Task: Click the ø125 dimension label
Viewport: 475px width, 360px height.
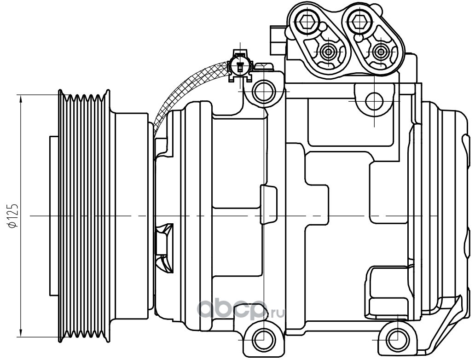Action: point(14,216)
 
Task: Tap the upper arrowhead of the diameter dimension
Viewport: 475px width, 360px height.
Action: point(21,99)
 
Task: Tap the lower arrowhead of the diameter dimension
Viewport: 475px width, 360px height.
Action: point(21,332)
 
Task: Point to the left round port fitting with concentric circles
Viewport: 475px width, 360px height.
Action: point(328,52)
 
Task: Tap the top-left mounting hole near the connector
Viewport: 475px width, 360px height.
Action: point(264,91)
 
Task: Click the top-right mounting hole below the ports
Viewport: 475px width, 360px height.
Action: point(375,101)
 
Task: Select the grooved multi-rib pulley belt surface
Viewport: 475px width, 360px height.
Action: point(84,216)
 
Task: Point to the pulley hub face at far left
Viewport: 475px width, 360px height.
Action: point(54,216)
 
